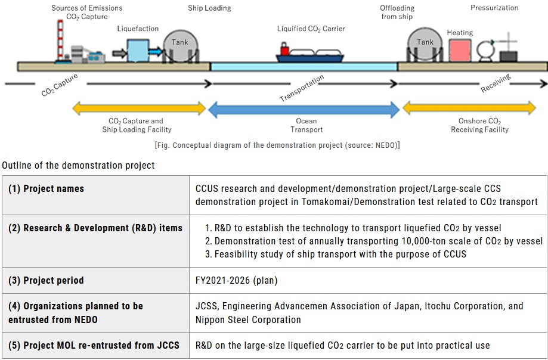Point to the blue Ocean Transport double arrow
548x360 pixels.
(x=304, y=109)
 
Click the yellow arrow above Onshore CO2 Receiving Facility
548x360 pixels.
(x=469, y=108)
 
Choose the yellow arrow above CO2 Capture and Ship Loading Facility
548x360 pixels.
(x=139, y=108)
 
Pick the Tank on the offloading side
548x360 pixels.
(x=425, y=45)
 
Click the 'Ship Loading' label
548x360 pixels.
(x=209, y=8)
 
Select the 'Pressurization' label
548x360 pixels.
(x=494, y=8)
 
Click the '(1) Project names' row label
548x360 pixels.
(x=46, y=189)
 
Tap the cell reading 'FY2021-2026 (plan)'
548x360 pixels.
(x=236, y=280)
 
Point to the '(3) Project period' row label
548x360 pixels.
(x=46, y=280)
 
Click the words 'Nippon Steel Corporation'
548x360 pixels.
(x=248, y=319)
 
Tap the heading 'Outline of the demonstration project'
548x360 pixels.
(x=78, y=165)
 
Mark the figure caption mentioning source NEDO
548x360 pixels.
(x=277, y=145)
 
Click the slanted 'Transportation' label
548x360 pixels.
(x=302, y=88)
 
